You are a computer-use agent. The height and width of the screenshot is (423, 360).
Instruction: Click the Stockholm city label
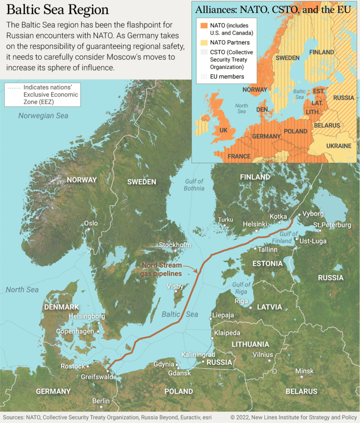(x=175, y=245)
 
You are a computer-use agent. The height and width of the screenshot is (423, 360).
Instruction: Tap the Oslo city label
(x=91, y=223)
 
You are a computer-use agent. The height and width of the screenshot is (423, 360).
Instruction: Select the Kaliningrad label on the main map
(x=198, y=354)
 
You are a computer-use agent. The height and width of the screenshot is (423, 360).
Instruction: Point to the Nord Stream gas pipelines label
(x=162, y=270)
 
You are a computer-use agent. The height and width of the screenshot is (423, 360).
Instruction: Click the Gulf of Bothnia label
(x=194, y=185)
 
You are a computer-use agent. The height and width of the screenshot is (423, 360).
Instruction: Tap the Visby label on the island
(x=175, y=286)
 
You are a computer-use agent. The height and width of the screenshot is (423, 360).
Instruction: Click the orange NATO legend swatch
(x=204, y=26)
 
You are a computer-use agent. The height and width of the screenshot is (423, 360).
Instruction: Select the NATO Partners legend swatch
(x=204, y=42)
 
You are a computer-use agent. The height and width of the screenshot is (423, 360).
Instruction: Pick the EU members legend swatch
(x=204, y=76)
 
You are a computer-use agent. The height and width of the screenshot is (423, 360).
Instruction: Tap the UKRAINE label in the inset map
(x=339, y=146)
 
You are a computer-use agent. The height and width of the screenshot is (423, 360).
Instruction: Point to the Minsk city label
(x=304, y=371)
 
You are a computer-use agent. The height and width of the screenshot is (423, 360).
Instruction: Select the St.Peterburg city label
(x=332, y=225)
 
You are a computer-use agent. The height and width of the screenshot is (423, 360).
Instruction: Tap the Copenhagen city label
(x=76, y=331)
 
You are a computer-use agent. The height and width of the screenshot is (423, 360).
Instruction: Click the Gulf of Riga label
(x=241, y=288)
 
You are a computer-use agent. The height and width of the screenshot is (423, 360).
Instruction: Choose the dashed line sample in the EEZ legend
(x=13, y=88)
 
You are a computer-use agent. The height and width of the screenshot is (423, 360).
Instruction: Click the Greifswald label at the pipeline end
(x=97, y=377)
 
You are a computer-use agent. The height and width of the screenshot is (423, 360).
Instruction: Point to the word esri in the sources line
(x=206, y=418)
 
